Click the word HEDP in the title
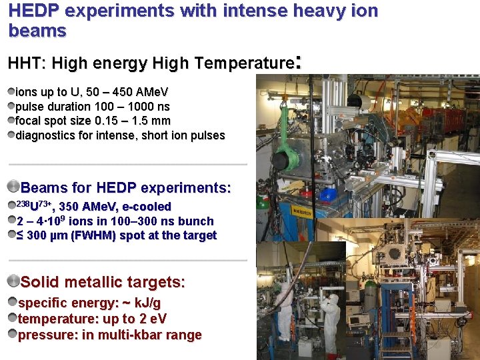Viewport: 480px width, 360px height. point(31,11)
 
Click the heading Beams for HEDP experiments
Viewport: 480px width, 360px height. point(126,188)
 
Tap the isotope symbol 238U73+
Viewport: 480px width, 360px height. point(31,206)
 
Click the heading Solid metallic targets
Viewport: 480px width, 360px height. point(103,282)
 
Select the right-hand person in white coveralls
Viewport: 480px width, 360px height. point(330,313)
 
